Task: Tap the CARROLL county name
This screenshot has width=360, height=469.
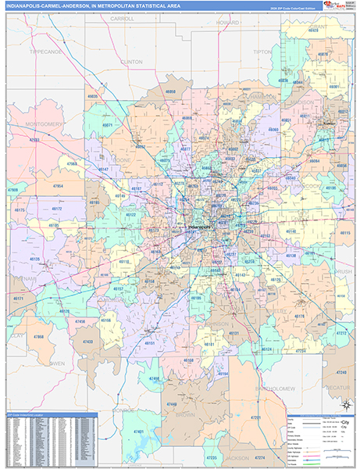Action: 123,17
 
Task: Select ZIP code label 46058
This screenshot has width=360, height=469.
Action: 171,91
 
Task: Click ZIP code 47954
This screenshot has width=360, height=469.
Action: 58,187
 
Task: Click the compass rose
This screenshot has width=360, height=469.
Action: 344,404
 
